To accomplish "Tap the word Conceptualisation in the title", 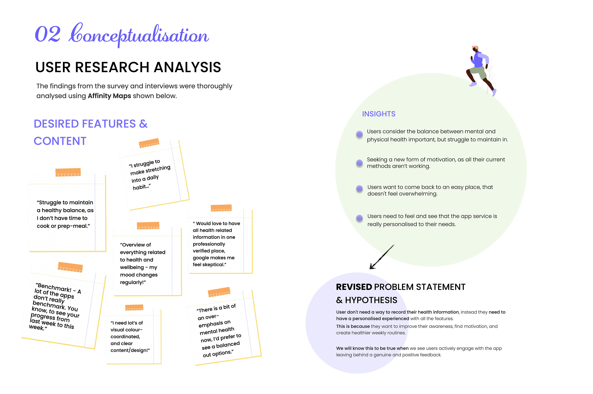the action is tap(139, 35).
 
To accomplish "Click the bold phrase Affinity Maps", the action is tap(109, 96).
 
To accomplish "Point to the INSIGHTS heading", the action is tap(379, 114).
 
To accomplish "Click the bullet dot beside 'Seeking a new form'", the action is tap(359, 163).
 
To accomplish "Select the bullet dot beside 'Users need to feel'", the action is tap(359, 218).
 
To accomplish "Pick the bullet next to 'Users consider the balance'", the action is tap(359, 134).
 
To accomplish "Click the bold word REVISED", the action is tap(354, 287).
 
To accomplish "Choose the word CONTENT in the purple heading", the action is tap(60, 141).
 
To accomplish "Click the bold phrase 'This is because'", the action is tap(353, 326).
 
